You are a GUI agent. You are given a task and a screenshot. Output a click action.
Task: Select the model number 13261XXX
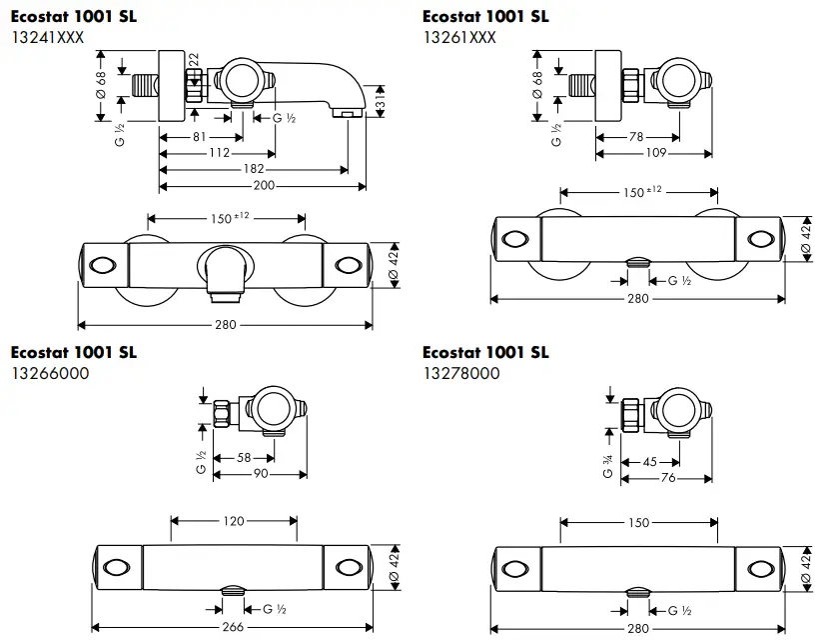pyautogui.click(x=458, y=37)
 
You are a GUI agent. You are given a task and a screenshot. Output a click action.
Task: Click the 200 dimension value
pyautogui.click(x=263, y=186)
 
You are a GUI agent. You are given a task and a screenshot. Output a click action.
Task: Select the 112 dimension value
pyautogui.click(x=220, y=153)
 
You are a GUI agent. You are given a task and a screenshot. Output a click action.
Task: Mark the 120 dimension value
pyautogui.click(x=235, y=521)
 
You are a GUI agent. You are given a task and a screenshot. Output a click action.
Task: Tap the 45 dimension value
pyautogui.click(x=650, y=461)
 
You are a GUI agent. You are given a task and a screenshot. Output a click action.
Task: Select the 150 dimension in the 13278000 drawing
pyautogui.click(x=639, y=522)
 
